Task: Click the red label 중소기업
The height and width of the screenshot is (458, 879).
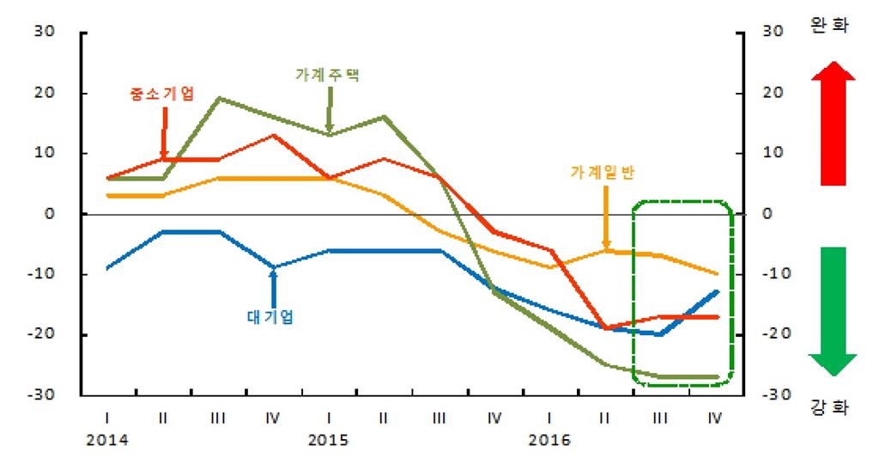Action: point(161,92)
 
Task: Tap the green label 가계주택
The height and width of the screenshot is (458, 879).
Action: point(328,75)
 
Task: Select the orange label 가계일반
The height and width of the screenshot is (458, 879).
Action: point(604,172)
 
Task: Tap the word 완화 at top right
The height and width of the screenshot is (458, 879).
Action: point(830,26)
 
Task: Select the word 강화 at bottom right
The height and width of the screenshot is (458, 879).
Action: point(830,406)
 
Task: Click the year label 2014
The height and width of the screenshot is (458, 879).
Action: point(107,441)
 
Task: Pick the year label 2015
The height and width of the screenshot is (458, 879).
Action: point(328,441)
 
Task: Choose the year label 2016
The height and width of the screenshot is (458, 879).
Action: point(549,441)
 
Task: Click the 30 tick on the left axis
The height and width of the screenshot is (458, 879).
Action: point(44,33)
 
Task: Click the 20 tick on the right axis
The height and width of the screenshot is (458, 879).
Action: point(773,93)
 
